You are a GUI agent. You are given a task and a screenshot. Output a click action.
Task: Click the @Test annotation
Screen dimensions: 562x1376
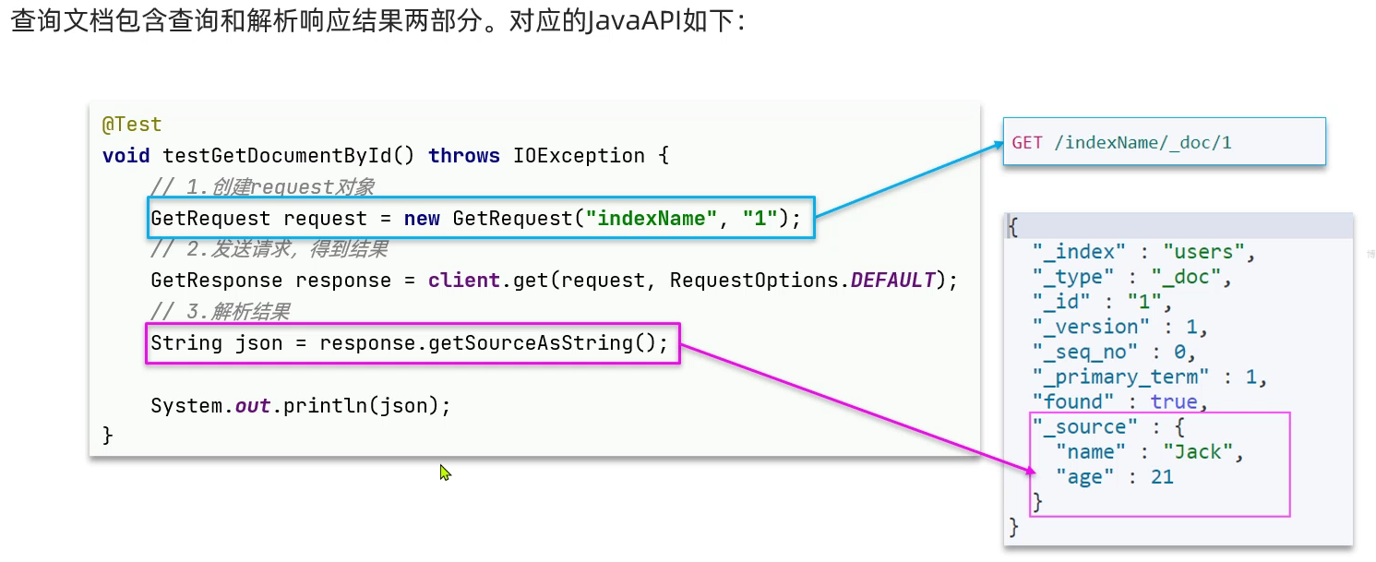pyautogui.click(x=132, y=125)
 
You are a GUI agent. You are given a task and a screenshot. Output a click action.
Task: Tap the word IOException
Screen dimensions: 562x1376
pyautogui.click(x=578, y=155)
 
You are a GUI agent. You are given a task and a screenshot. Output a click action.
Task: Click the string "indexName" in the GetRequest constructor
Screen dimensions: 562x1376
pyautogui.click(x=653, y=219)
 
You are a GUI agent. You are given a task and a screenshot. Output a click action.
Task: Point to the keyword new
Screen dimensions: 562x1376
pyautogui.click(x=422, y=219)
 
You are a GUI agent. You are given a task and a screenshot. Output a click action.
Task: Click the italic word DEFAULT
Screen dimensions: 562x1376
pyautogui.click(x=892, y=280)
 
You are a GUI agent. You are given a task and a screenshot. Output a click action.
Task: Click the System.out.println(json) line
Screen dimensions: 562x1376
pyautogui.click(x=301, y=405)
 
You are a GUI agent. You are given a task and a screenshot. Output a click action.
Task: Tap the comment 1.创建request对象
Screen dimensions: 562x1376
pyautogui.click(x=281, y=187)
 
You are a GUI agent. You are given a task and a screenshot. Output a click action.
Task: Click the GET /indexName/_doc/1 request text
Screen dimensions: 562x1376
pyautogui.click(x=1121, y=142)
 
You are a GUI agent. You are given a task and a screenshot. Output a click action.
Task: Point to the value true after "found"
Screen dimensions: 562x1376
pyautogui.click(x=1173, y=401)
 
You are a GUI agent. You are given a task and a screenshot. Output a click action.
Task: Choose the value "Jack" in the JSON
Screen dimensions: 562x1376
pyautogui.click(x=1197, y=451)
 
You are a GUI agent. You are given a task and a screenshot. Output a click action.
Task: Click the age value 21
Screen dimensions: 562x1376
pyautogui.click(x=1161, y=476)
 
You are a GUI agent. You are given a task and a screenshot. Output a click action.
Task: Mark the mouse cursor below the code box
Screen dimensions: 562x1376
pyautogui.click(x=445, y=472)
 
